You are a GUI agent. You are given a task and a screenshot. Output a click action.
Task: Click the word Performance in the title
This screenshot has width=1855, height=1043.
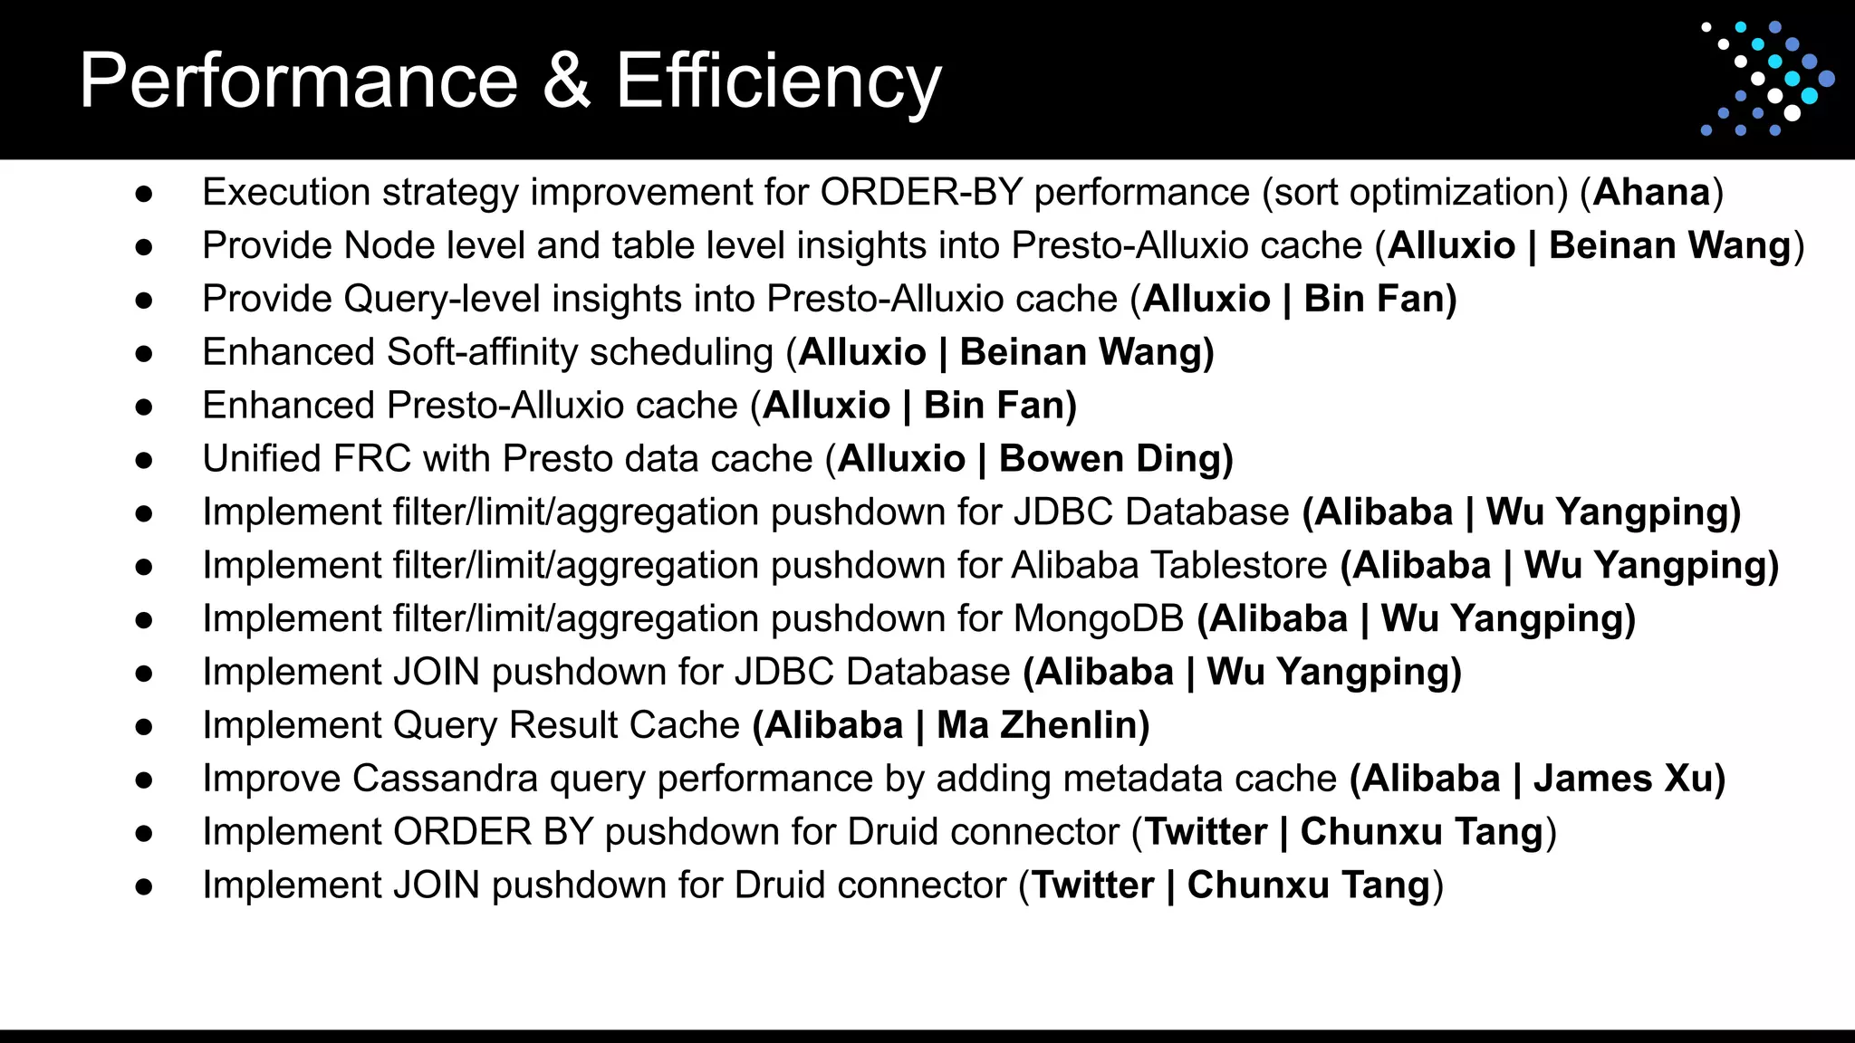pos(298,81)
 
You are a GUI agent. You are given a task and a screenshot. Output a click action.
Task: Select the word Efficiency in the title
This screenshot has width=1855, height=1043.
pos(779,81)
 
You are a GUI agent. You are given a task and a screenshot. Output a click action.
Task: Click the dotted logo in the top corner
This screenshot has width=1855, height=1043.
pos(1766,79)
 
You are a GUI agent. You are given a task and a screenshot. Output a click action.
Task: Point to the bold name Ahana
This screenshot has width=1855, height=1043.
pos(1651,192)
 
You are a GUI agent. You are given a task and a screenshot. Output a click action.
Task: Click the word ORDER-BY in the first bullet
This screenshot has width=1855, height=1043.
pos(921,192)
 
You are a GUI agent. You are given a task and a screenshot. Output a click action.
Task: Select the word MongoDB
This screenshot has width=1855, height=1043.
pos(1099,618)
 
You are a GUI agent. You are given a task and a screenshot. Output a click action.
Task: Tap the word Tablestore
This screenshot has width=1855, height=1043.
pos(1169,565)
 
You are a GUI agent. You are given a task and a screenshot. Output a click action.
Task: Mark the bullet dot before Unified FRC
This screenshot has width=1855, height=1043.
pos(143,460)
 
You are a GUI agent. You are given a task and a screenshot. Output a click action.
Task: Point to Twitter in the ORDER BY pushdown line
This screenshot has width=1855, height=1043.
pos(1206,832)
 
